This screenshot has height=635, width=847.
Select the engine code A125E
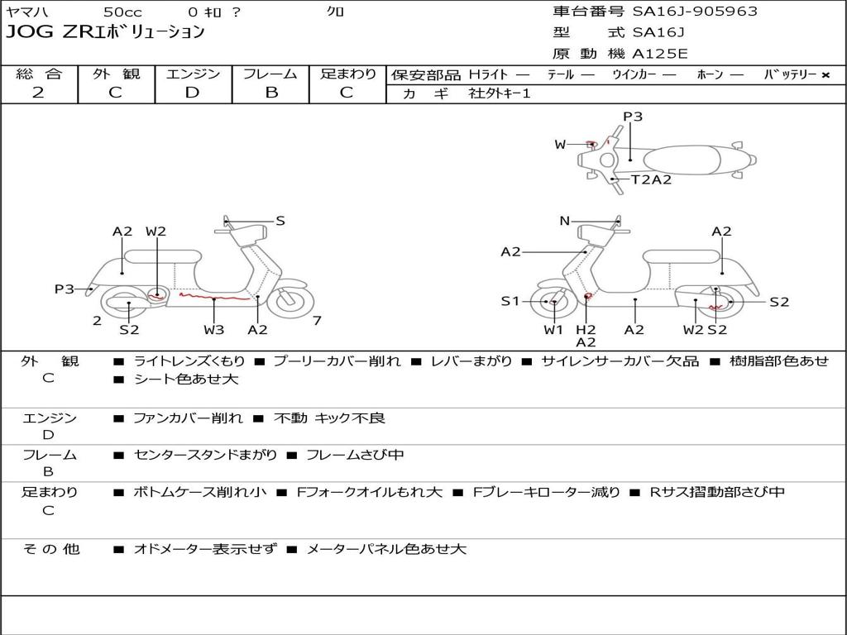tap(659, 55)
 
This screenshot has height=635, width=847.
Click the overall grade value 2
tap(38, 93)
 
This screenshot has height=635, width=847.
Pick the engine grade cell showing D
tap(192, 93)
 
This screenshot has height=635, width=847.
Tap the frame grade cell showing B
tap(270, 93)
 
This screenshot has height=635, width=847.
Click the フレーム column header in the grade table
tap(270, 74)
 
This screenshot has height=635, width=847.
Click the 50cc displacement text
tap(122, 12)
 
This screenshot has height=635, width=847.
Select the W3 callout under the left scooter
tap(213, 330)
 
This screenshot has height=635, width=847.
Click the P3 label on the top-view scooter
tap(633, 117)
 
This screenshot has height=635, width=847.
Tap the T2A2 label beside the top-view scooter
tap(652, 179)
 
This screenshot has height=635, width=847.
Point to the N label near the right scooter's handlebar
tap(565, 221)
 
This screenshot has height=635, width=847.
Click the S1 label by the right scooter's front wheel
tap(510, 302)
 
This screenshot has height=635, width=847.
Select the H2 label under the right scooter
tap(586, 330)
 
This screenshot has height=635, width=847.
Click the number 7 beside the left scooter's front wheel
tap(317, 321)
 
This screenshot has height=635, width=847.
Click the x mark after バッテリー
tap(825, 74)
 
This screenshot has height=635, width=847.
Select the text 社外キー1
tap(500, 93)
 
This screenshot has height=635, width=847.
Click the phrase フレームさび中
tap(355, 455)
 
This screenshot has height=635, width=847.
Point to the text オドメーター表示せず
tap(205, 548)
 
